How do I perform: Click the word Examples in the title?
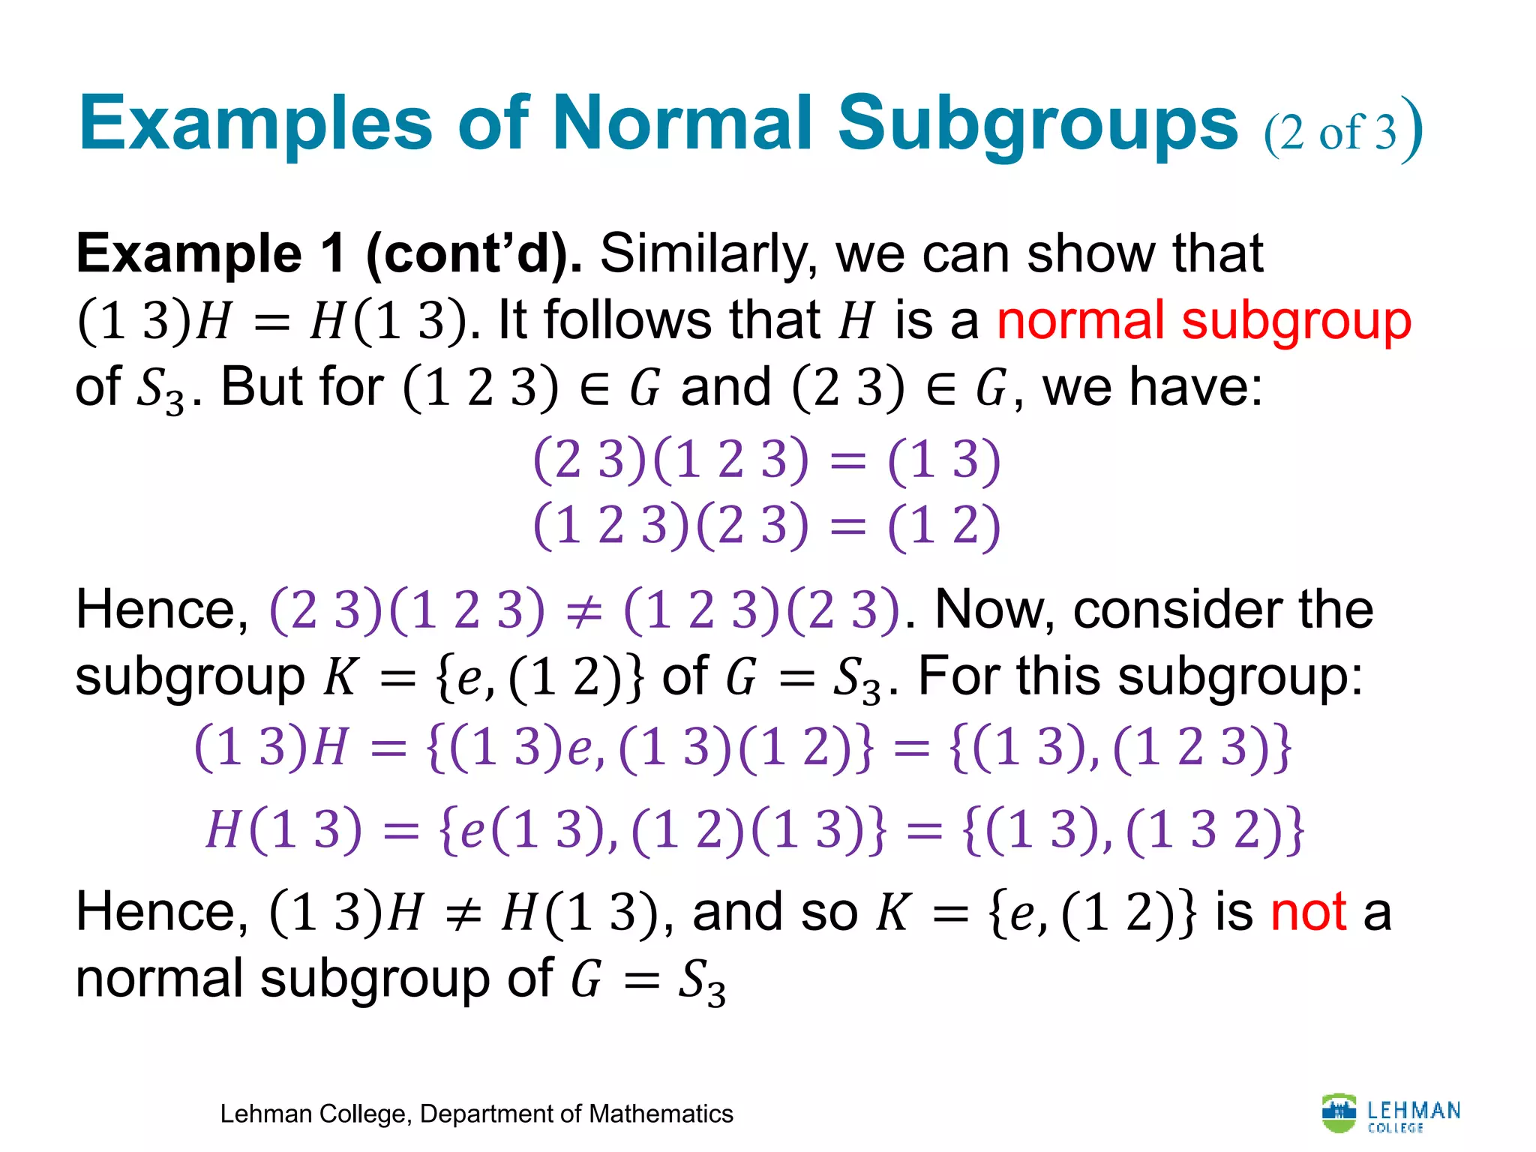tap(255, 124)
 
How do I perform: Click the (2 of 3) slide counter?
tap(1342, 130)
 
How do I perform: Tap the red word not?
tap(1309, 912)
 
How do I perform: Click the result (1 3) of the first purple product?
tap(943, 460)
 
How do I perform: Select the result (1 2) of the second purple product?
tap(943, 525)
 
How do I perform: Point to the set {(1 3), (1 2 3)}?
tap(1120, 748)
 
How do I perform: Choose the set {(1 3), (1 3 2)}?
tap(1132, 830)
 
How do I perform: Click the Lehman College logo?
tap(1390, 1113)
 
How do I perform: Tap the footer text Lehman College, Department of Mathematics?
tap(476, 1114)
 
